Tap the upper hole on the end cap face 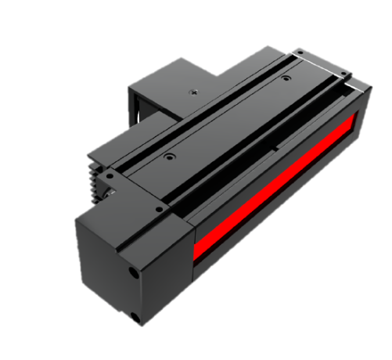click(x=130, y=273)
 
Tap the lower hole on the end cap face click(x=135, y=316)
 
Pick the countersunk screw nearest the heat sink click(x=167, y=157)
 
